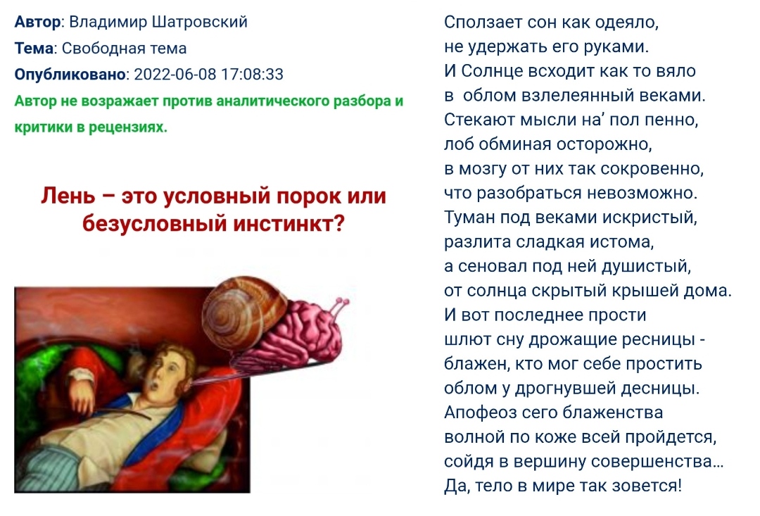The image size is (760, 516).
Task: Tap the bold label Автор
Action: pyautogui.click(x=38, y=22)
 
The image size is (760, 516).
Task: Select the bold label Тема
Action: pyautogui.click(x=34, y=48)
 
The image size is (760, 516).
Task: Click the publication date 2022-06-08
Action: pyautogui.click(x=175, y=74)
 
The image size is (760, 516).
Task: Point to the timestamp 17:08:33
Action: pyautogui.click(x=252, y=74)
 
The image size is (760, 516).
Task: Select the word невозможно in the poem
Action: pyautogui.click(x=642, y=193)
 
